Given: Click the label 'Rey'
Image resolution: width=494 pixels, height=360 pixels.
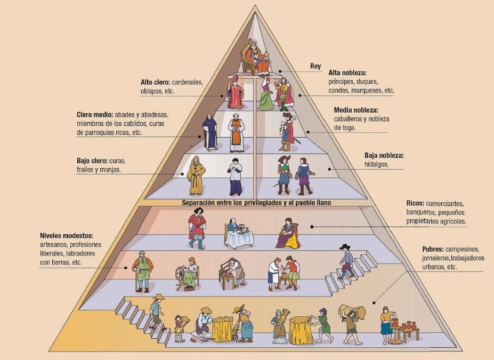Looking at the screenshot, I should [315, 67].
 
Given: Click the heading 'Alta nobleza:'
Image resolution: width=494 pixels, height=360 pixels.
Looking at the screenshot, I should [347, 73].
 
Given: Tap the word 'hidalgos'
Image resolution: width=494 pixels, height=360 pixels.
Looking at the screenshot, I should [376, 164].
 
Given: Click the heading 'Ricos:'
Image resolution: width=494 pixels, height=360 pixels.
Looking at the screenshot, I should [415, 203].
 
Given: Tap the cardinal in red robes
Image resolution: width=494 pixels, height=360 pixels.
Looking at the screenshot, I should [235, 93].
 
